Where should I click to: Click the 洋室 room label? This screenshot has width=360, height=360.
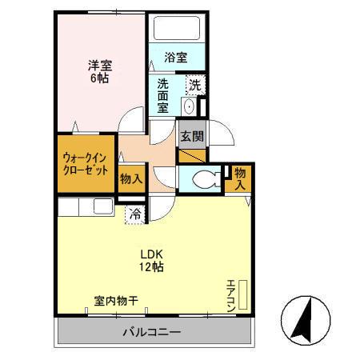[99, 66]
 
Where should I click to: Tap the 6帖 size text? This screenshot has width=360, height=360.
[99, 79]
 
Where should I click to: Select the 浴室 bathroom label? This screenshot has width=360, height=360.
[176, 58]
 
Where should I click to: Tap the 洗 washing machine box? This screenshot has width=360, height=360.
[195, 84]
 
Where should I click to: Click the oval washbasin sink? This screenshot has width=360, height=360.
[189, 106]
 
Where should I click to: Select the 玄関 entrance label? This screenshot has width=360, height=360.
[190, 136]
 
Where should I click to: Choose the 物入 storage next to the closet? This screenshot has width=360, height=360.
[130, 179]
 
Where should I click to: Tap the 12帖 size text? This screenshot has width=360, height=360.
[152, 266]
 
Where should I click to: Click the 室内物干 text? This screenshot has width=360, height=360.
[116, 302]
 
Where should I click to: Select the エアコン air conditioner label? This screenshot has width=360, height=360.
[231, 294]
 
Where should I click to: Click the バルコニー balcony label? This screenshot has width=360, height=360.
[151, 331]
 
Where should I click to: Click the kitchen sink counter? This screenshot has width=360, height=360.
[88, 207]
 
